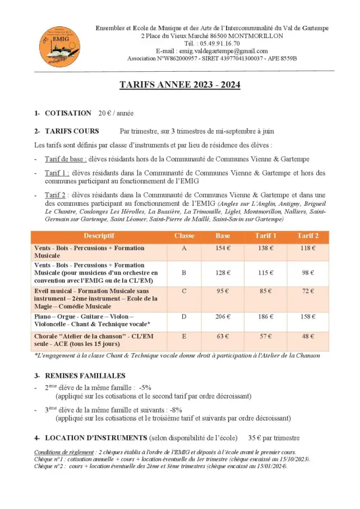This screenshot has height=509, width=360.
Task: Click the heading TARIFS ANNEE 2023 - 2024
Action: [x=179, y=85]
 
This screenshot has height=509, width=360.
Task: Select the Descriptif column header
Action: [x=99, y=236]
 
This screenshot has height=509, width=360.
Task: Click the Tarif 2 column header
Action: [x=308, y=236]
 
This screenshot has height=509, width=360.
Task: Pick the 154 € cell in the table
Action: [x=223, y=248]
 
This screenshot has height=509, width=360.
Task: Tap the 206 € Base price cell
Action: [x=223, y=317]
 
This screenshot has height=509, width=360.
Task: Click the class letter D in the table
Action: [x=184, y=317]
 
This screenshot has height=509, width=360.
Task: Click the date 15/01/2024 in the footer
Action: [x=270, y=466]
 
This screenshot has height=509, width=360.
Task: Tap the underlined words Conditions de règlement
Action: [x=62, y=452]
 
